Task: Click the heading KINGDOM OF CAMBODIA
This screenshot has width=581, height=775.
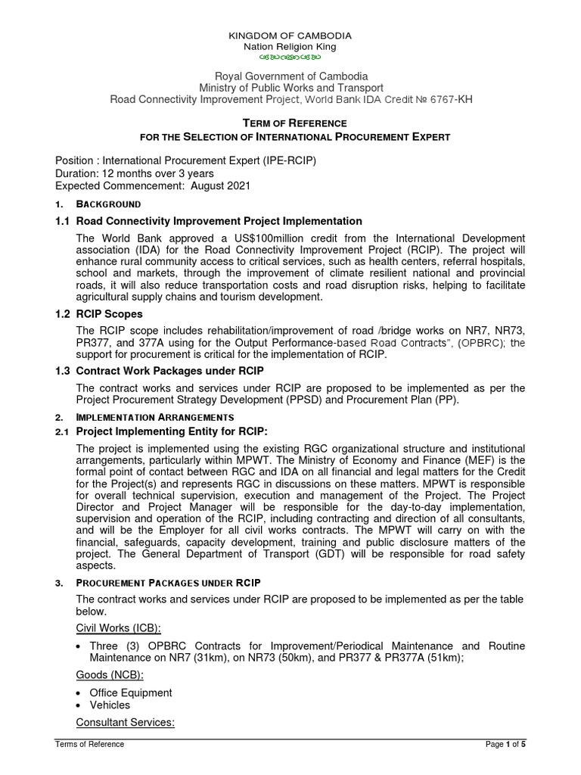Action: point(290,36)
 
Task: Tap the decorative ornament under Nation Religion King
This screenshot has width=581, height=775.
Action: point(290,58)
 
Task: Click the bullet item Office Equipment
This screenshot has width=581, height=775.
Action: point(130,693)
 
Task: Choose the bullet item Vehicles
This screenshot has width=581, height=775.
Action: point(110,705)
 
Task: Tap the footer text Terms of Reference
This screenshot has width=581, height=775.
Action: point(90,745)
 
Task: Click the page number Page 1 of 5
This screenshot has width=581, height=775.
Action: point(505,745)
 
